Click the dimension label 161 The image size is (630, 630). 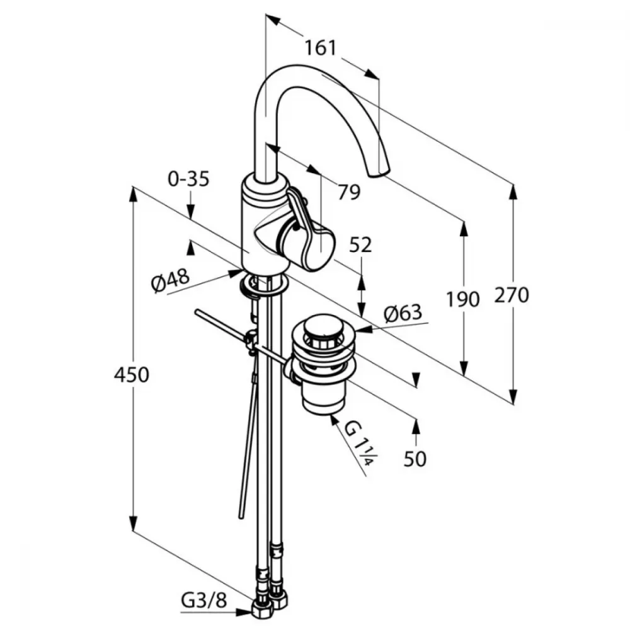coord(320,49)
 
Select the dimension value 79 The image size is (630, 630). coord(349,192)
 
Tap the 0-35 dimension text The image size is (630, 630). coord(189,178)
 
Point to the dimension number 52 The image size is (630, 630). coord(360,244)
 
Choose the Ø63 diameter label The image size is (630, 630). coord(403,313)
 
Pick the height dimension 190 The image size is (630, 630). coord(463,299)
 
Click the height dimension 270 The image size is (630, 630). coord(512,295)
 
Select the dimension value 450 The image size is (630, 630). coord(132,375)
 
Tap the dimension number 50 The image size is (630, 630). coord(415,459)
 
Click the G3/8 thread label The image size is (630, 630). coord(204,601)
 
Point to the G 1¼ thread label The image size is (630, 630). coord(359,443)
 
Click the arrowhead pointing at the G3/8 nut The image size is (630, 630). coord(244,613)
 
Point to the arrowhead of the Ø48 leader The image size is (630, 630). coord(235,273)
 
